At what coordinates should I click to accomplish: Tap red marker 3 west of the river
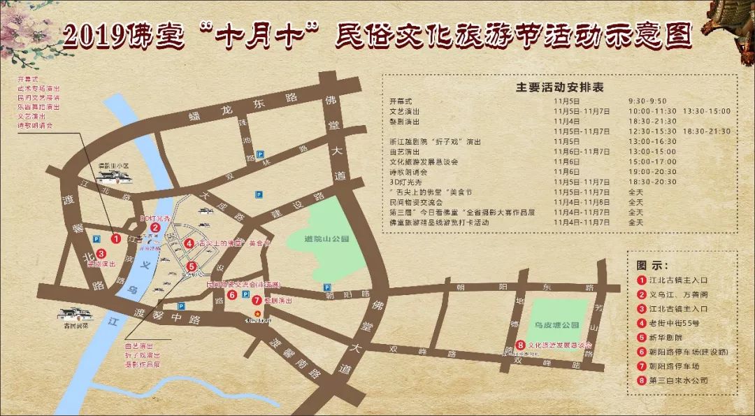(101, 254)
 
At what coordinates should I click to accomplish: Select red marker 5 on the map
(192, 266)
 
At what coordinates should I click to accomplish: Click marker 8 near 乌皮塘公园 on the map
(522, 345)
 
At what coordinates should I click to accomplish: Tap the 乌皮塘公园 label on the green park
(557, 326)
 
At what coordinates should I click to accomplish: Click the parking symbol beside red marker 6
(245, 295)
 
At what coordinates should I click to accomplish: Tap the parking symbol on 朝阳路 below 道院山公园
(326, 287)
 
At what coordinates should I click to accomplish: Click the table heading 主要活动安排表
(559, 88)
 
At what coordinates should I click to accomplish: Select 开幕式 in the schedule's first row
(402, 101)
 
